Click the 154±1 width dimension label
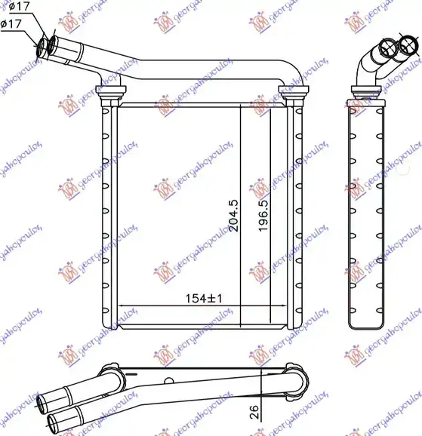point(203,299)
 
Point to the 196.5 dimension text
point(263,215)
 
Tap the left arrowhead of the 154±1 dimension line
point(123,306)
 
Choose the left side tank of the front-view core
point(108,215)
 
